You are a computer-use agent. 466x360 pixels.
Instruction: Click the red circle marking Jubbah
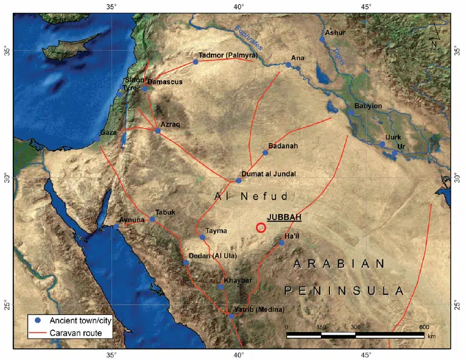261,227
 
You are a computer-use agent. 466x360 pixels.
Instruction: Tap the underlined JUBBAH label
284,217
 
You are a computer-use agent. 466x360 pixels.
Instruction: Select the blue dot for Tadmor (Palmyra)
196,62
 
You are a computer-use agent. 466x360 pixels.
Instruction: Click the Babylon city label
368,106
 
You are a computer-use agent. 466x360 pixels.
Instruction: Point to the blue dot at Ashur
322,40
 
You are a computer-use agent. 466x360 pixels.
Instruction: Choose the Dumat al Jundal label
269,174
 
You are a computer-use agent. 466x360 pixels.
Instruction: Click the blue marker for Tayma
202,237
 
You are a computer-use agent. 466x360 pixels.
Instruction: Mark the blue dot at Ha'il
281,242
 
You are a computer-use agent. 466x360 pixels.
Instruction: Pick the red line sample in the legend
38,333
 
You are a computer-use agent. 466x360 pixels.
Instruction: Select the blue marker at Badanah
265,152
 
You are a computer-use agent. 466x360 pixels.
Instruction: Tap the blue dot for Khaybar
221,286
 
